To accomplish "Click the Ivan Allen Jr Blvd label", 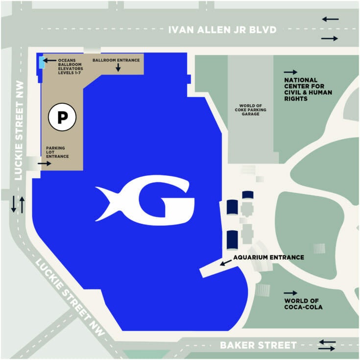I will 222,30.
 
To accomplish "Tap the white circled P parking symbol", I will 62,117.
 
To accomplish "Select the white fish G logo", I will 145,202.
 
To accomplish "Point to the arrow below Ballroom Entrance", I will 118,69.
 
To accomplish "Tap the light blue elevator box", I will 39,62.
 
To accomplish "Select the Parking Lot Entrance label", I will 57,152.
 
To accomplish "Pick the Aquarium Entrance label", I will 268,257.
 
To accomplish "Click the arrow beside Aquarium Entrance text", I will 225,264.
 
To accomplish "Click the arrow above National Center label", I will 290,72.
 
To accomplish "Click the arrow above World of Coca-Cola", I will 290,292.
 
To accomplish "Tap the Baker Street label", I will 258,345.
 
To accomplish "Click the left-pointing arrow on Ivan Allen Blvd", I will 330,19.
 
